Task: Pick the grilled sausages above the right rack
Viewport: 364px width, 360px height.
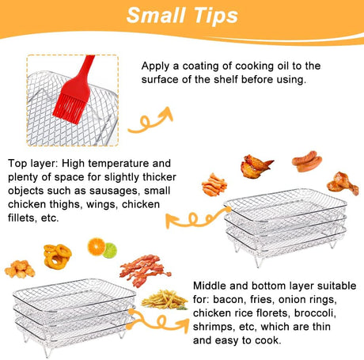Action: (306, 161)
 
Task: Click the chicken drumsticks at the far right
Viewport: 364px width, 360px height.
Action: (343, 183)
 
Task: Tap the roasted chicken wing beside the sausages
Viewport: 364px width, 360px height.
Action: (257, 166)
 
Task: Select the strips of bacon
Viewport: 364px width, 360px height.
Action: (145, 269)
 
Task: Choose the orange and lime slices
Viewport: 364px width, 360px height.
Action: (101, 248)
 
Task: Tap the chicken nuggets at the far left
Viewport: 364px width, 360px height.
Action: (20, 269)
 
